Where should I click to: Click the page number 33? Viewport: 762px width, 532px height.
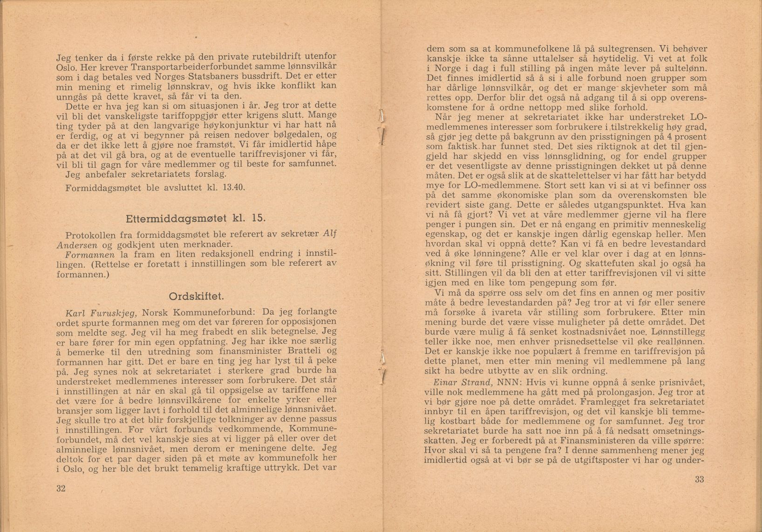click(699, 479)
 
